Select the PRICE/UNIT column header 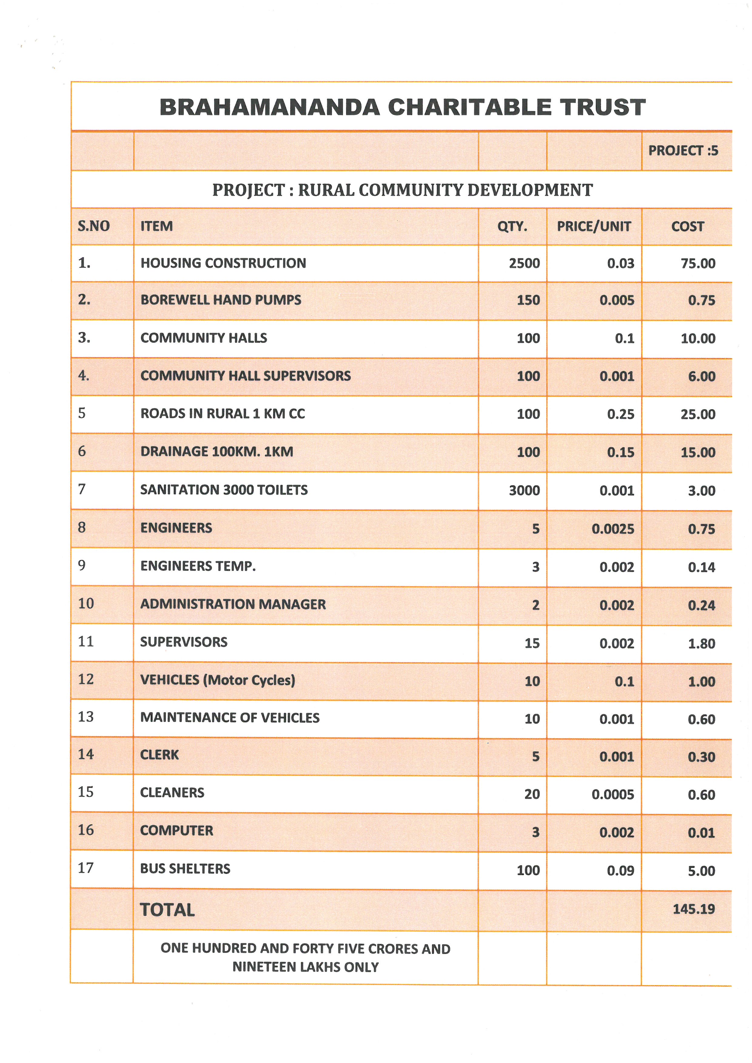point(594,226)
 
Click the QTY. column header point(512,226)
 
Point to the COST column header point(688,226)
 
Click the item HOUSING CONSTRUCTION point(223,263)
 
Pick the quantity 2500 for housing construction point(524,263)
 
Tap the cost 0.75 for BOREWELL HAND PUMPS point(702,300)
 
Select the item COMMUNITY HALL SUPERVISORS point(245,376)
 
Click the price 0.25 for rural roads point(620,414)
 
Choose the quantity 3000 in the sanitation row point(524,490)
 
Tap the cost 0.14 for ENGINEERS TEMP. point(702,567)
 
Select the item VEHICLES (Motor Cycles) point(218,680)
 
